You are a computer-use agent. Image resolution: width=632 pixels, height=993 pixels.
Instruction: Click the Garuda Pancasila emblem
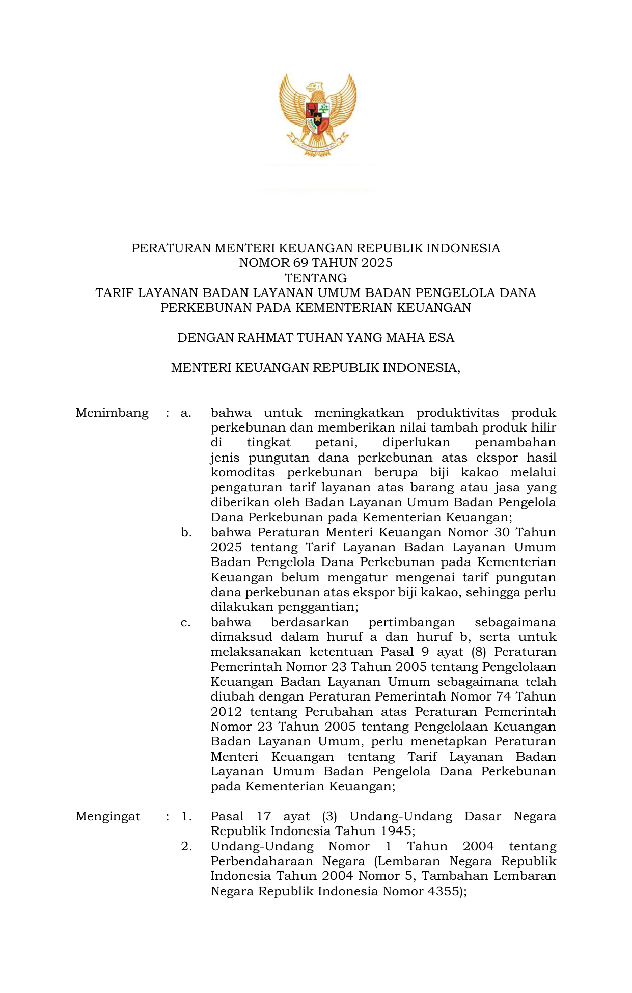click(x=317, y=115)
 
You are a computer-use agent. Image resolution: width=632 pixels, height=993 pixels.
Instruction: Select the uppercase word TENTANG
click(x=316, y=278)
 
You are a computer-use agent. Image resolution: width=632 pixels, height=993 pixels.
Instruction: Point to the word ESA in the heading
click(x=442, y=338)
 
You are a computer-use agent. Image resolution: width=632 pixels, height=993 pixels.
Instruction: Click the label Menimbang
click(x=112, y=413)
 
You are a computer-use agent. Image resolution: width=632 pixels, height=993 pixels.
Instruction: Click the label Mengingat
click(x=107, y=816)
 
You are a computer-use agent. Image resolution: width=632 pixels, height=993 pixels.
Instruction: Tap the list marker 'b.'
click(x=186, y=532)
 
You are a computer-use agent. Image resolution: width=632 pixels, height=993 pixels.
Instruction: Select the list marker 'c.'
click(x=186, y=622)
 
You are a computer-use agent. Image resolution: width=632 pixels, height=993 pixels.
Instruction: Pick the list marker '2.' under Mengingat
click(x=186, y=846)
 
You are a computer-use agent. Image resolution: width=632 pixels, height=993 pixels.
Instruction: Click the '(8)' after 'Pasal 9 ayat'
click(x=478, y=652)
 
